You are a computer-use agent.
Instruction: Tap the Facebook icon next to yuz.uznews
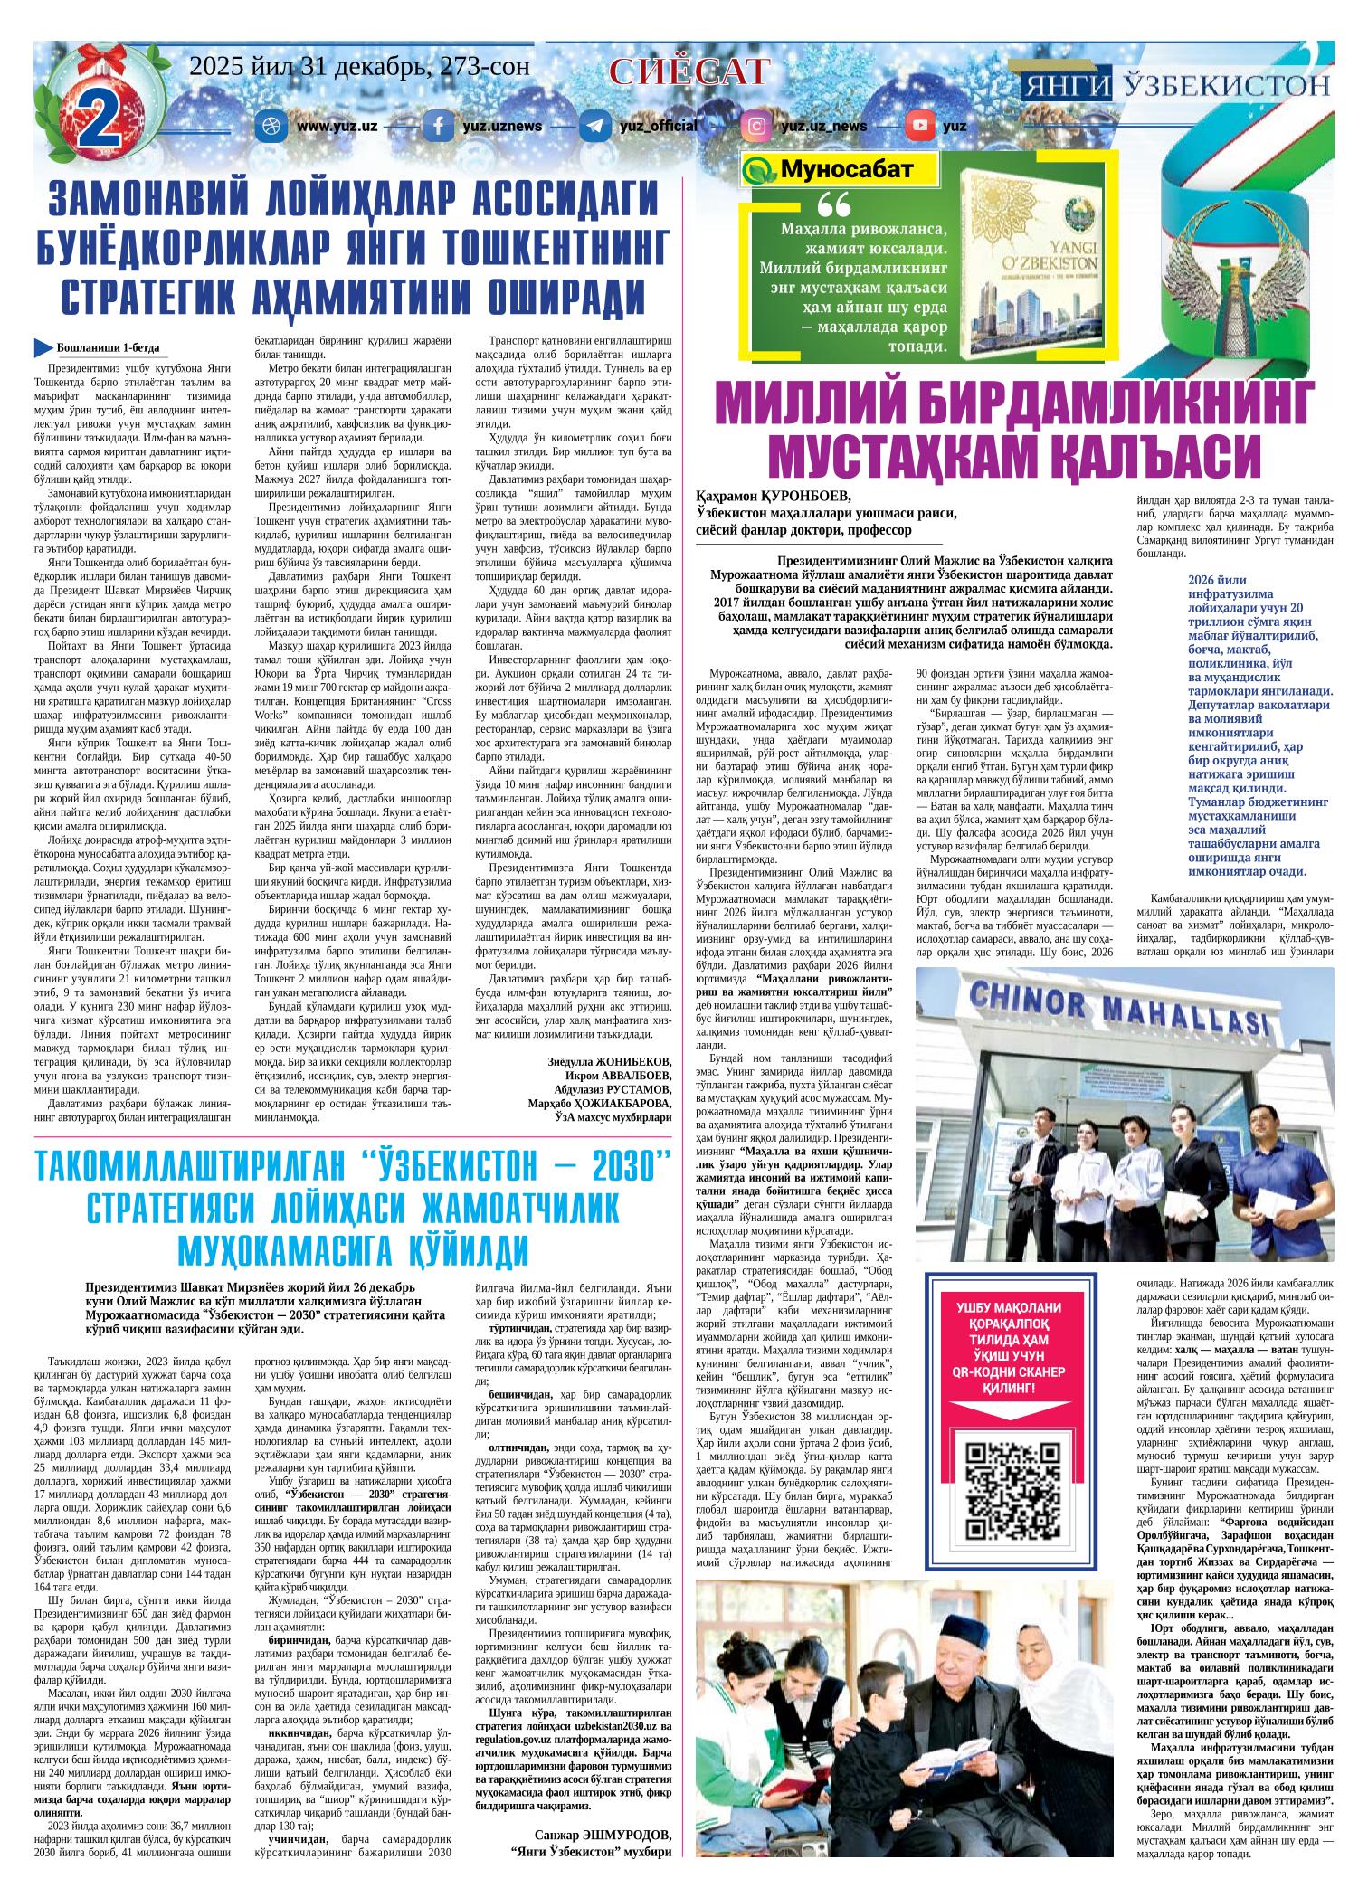(438, 126)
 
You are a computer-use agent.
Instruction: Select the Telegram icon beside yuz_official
(594, 126)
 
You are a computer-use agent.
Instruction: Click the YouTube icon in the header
(920, 126)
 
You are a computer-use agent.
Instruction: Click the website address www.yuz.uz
(337, 126)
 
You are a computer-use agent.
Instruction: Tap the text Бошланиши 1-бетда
(107, 348)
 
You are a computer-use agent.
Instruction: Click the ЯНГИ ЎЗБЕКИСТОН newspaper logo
(1177, 86)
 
